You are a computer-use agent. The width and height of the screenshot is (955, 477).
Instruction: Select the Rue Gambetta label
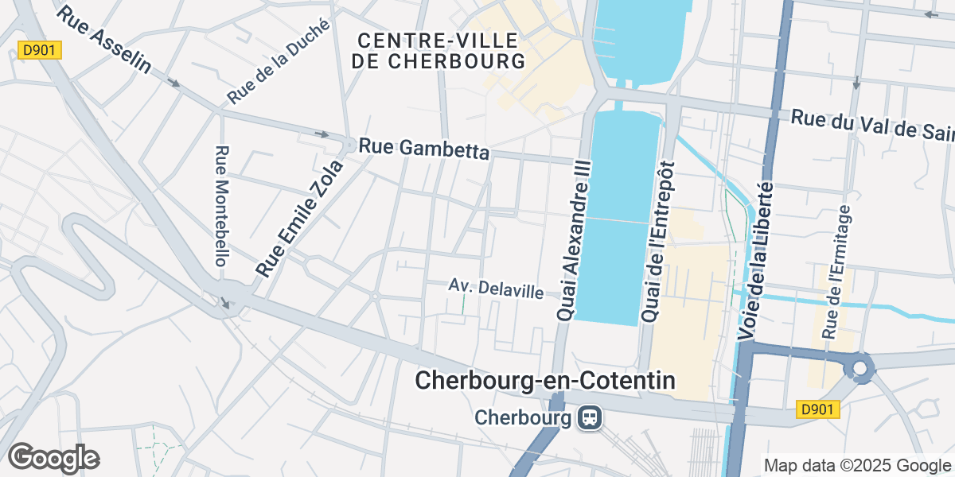click(423, 149)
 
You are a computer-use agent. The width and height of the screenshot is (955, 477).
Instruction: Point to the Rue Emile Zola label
click(299, 217)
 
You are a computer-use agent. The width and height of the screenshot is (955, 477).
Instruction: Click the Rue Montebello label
click(223, 205)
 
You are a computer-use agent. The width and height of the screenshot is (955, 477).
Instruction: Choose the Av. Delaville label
click(496, 289)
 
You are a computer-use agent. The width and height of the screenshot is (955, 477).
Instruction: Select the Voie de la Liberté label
click(758, 260)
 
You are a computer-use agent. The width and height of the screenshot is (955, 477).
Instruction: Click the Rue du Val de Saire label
click(872, 124)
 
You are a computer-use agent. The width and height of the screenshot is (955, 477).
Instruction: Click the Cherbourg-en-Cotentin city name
click(545, 381)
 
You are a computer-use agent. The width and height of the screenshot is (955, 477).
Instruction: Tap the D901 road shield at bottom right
click(818, 409)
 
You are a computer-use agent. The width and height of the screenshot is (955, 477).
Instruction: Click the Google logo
click(53, 458)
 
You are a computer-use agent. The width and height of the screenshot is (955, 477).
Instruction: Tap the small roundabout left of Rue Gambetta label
click(350, 145)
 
